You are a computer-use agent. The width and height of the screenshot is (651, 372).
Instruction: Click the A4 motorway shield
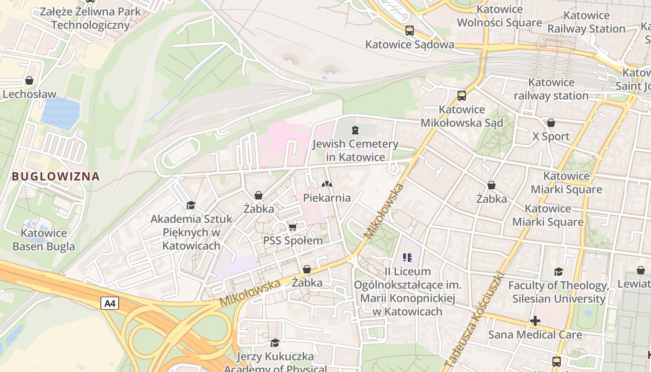(x=110, y=304)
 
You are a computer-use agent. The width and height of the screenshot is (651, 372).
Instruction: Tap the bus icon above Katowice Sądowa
(x=409, y=31)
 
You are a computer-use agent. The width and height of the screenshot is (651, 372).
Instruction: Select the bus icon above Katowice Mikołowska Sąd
(x=461, y=96)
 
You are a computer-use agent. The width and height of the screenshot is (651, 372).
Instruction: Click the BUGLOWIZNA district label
(x=56, y=176)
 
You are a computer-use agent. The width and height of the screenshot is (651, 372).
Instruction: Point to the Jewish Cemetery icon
(x=355, y=130)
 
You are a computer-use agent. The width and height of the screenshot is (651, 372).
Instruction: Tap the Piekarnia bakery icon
(x=327, y=184)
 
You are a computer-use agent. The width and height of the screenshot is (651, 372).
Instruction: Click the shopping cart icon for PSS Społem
(x=292, y=227)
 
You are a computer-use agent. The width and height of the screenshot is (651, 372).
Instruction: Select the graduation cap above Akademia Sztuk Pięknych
(x=191, y=205)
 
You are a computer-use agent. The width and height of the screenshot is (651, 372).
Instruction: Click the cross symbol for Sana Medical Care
(x=535, y=321)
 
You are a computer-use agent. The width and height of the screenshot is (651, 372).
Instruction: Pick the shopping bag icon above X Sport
(x=551, y=123)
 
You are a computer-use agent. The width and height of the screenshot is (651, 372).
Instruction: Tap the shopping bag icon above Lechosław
(x=29, y=80)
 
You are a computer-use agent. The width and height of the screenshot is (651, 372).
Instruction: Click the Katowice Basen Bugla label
(x=44, y=239)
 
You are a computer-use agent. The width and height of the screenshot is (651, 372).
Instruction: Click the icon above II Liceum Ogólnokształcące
(x=408, y=257)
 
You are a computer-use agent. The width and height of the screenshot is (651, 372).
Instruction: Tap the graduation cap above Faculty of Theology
(x=558, y=272)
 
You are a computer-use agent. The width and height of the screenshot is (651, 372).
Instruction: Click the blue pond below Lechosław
(x=60, y=113)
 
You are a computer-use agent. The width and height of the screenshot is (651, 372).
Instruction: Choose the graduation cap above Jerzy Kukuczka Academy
(x=275, y=343)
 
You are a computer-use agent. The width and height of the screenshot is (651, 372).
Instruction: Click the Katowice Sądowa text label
(x=410, y=45)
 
